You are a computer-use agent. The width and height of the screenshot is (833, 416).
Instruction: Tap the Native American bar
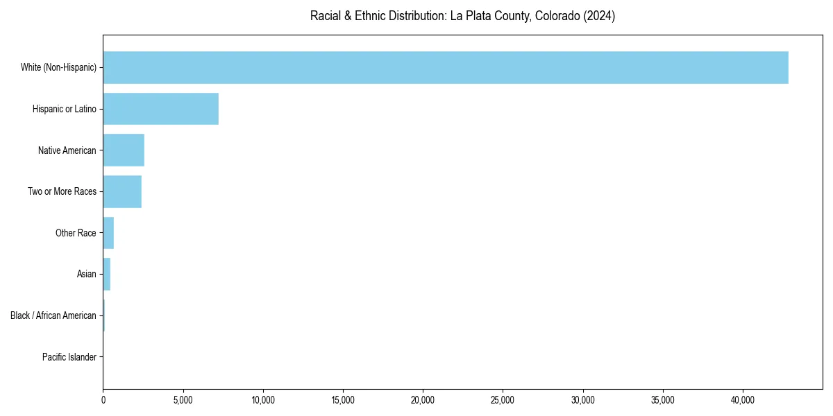[124, 150]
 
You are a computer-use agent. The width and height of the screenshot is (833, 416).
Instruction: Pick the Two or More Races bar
[122, 191]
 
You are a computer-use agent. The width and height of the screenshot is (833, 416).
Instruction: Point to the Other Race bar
[108, 233]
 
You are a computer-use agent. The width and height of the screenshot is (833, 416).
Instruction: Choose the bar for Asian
[107, 274]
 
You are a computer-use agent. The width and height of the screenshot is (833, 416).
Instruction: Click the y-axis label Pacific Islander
[69, 357]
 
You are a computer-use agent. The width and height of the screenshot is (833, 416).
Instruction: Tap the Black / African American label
[53, 315]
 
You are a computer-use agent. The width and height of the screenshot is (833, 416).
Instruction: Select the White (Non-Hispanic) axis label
[58, 67]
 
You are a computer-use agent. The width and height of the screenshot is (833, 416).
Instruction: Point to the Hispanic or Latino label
[65, 109]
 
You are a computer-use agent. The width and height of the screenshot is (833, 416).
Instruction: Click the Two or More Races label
[62, 191]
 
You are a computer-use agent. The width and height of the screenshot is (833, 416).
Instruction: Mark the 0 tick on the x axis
[103, 400]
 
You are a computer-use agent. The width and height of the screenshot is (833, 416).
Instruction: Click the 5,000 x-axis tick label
[183, 400]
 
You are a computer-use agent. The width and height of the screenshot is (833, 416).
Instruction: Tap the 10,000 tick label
[263, 400]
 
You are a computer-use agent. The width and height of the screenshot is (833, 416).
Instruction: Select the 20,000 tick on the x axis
[423, 400]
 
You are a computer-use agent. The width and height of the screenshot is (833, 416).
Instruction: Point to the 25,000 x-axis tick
[503, 400]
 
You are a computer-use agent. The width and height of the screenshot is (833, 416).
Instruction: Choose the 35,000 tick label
[663, 400]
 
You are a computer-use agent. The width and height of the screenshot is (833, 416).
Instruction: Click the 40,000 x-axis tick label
[743, 400]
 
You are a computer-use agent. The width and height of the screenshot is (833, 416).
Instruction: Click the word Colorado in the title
[557, 16]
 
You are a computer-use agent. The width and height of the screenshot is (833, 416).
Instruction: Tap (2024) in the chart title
[600, 16]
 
